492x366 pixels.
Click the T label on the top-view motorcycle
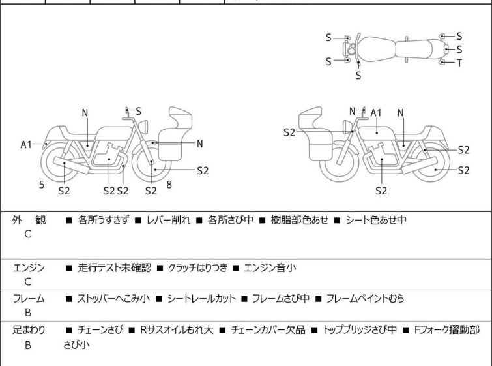pyautogui.click(x=459, y=63)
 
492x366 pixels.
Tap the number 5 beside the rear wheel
pyautogui.click(x=42, y=185)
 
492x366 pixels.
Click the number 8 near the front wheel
pyautogui.click(x=169, y=185)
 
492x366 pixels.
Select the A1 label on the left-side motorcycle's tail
pyautogui.click(x=26, y=145)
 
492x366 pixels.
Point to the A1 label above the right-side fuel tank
pyautogui.click(x=376, y=113)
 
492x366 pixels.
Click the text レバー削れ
pyautogui.click(x=168, y=220)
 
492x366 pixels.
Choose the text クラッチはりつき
pyautogui.click(x=197, y=267)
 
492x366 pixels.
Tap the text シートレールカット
pyautogui.click(x=201, y=298)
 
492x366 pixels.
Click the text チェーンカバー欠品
pyautogui.click(x=268, y=330)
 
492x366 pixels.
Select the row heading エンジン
pyautogui.click(x=29, y=268)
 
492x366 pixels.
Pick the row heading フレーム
pyautogui.click(x=29, y=299)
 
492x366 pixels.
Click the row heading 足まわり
pyautogui.click(x=29, y=330)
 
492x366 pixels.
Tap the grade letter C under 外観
pyautogui.click(x=28, y=234)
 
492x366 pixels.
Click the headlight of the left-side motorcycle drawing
pyautogui.click(x=143, y=127)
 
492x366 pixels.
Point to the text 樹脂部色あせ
pyautogui.click(x=299, y=220)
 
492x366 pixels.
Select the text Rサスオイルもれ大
pyautogui.click(x=177, y=330)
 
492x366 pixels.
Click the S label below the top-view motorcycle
pyautogui.click(x=358, y=76)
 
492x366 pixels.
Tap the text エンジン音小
pyautogui.click(x=270, y=267)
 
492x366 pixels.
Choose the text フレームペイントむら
pyautogui.click(x=365, y=298)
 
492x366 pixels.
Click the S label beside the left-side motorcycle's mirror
pyautogui.click(x=138, y=111)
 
